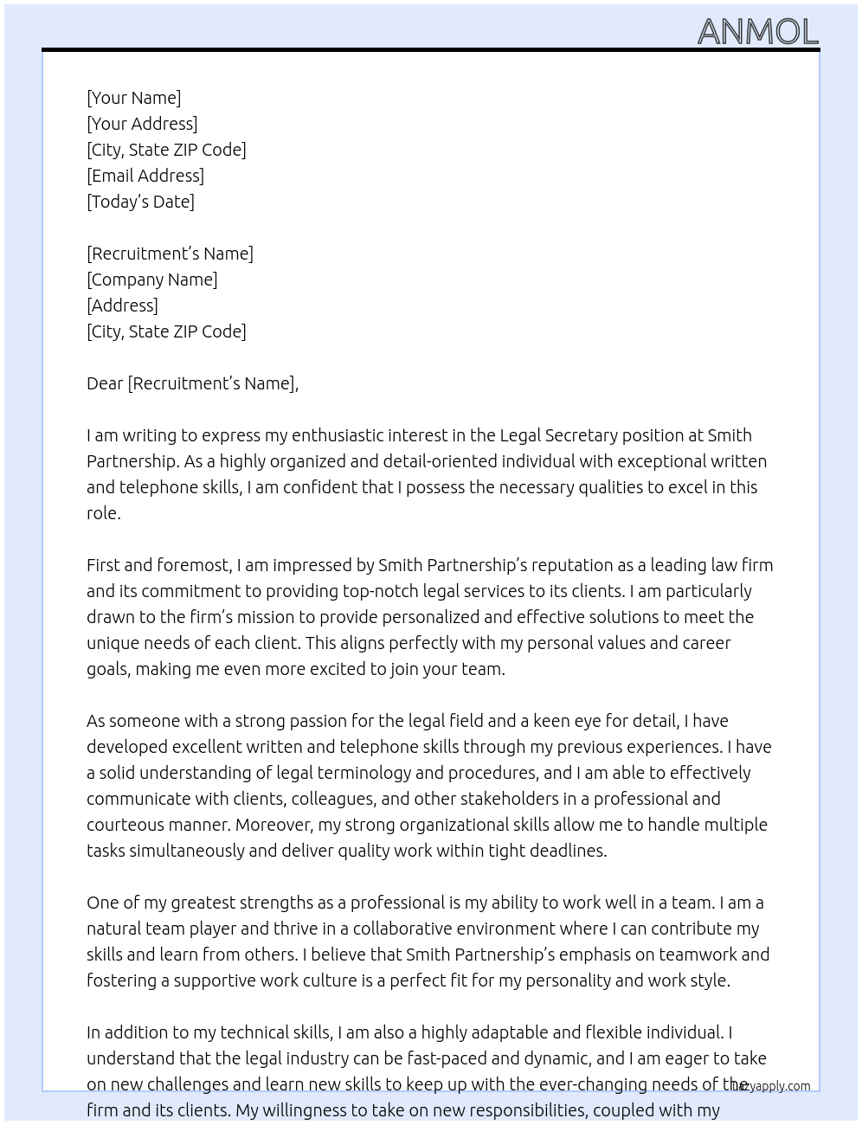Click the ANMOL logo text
click(x=757, y=32)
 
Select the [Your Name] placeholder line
click(x=133, y=98)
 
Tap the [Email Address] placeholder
click(x=145, y=176)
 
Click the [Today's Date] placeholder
click(x=140, y=202)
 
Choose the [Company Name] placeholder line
click(x=152, y=280)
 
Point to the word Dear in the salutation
click(x=105, y=383)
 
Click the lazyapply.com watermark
click(x=771, y=1086)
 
